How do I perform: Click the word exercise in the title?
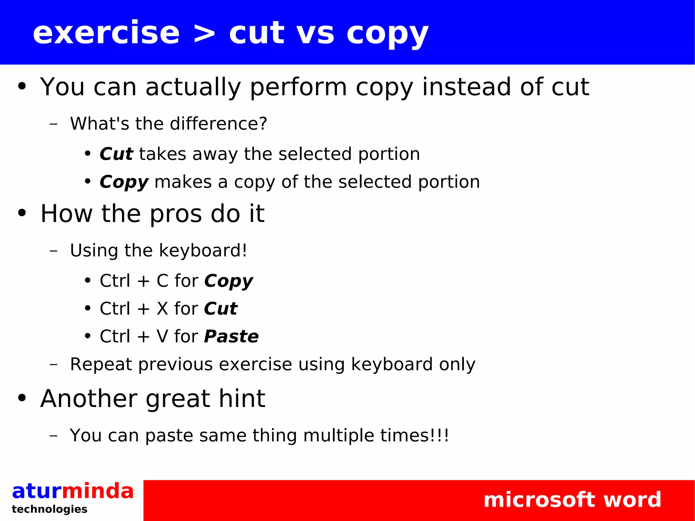point(106,33)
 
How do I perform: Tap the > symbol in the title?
point(204,34)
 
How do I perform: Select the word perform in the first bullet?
point(298,88)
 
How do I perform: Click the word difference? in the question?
point(219,124)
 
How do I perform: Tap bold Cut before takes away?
point(116,154)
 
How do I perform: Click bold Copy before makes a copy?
point(124,183)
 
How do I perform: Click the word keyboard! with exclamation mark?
point(203,251)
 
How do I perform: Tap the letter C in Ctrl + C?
point(163,281)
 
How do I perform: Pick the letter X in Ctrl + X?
point(163,309)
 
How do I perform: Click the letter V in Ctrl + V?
point(163,337)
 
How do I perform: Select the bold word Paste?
point(231,337)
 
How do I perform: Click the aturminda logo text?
point(73,491)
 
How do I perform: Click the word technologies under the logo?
point(50,509)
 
